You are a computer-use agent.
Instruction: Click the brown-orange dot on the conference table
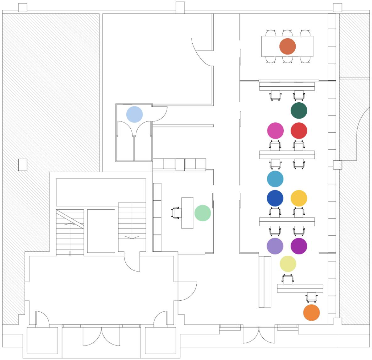click(287, 46)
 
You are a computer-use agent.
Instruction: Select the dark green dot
click(299, 110)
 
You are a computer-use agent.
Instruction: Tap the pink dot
click(275, 131)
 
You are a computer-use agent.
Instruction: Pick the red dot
click(299, 131)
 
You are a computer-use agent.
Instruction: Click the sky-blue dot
click(275, 179)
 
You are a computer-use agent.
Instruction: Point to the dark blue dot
click(275, 198)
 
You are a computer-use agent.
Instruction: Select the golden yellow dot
click(299, 198)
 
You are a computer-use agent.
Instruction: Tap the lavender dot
click(275, 246)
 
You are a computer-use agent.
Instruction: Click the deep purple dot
click(299, 246)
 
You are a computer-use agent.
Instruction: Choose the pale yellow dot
click(288, 264)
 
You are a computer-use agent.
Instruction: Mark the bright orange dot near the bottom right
click(311, 313)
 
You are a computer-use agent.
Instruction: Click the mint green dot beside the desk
click(203, 213)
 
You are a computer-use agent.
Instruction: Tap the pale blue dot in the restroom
click(134, 114)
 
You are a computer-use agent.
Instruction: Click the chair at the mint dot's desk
click(176, 213)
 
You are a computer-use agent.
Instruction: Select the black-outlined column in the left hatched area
click(23, 165)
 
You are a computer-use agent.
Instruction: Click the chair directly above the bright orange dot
click(311, 297)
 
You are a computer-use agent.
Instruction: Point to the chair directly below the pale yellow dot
click(288, 279)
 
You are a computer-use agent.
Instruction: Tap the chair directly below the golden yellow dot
click(299, 212)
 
